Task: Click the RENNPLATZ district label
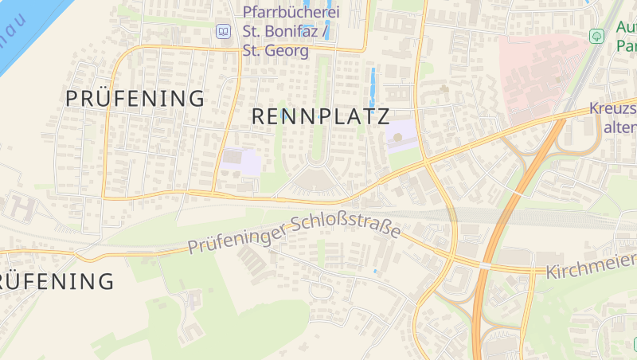[x=320, y=116]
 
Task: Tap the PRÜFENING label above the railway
[x=135, y=99]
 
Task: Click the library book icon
[x=224, y=32]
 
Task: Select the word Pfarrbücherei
[x=292, y=13]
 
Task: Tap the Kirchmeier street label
[x=591, y=265]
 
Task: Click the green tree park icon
[x=596, y=36]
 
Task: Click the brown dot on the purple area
[x=398, y=136]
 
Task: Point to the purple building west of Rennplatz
[x=244, y=162]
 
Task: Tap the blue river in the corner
[x=24, y=32]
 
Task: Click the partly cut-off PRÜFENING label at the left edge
[x=56, y=281]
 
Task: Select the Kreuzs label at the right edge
[x=613, y=109]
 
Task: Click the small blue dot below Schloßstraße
[x=376, y=272]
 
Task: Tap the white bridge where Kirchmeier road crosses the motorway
[x=485, y=264]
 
